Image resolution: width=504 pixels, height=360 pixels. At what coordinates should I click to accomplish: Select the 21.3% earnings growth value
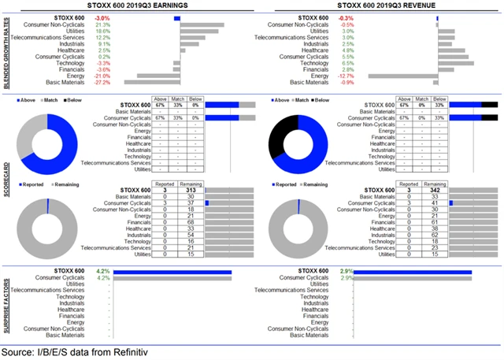pos(103,24)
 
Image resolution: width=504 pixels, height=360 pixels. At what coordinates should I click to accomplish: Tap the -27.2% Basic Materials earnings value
pos(102,82)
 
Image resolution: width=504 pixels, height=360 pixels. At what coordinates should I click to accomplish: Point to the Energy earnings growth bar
pos(158,76)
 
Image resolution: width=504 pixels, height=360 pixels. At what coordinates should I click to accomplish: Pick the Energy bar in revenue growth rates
pos(402,76)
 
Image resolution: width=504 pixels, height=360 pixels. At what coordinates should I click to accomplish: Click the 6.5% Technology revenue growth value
pos(345,63)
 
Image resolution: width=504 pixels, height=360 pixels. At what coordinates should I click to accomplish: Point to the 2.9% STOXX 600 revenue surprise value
pos(346,272)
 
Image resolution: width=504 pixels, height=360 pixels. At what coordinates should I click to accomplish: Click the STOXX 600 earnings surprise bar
pos(172,273)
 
